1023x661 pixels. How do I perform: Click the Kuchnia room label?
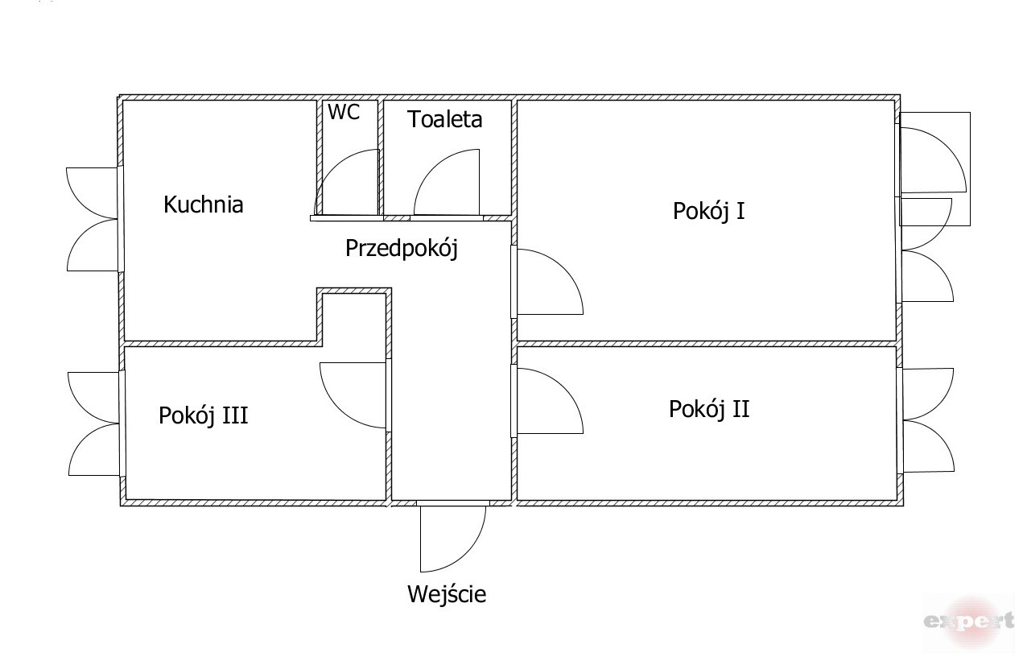(203, 204)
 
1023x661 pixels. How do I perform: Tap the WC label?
(343, 113)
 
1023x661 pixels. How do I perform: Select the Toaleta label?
(444, 119)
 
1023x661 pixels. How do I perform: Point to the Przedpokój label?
(401, 248)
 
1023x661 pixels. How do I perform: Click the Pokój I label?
(708, 211)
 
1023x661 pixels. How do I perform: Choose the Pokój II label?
(709, 409)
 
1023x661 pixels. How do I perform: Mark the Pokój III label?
(203, 415)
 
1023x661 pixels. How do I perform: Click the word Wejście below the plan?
(447, 595)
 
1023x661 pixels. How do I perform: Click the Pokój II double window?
(927, 419)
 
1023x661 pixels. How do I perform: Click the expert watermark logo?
(968, 621)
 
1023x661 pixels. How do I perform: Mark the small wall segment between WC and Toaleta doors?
(396, 217)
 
